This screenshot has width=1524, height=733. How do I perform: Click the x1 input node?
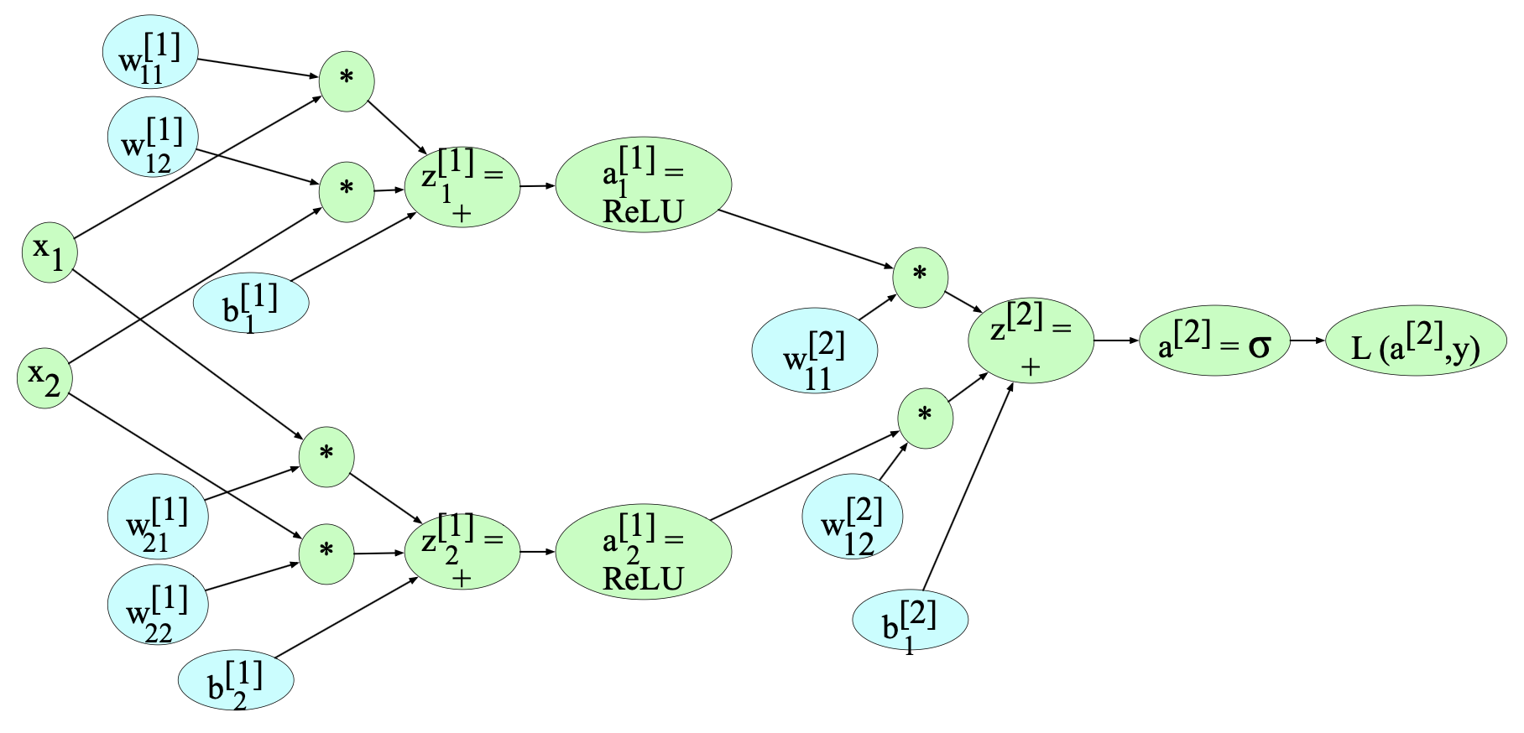[x=50, y=252]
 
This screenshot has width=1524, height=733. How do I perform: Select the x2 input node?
[x=44, y=378]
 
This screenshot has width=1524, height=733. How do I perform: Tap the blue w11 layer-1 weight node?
[x=150, y=51]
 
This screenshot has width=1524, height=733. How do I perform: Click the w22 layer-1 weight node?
[x=158, y=605]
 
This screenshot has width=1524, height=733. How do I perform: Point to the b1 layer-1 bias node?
[x=251, y=304]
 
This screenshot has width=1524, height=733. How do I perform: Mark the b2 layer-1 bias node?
[x=236, y=680]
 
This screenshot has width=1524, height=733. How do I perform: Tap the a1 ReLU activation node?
[x=644, y=185]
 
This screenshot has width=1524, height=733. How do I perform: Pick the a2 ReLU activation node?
[x=644, y=552]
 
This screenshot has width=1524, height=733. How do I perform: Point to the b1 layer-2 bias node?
[x=911, y=621]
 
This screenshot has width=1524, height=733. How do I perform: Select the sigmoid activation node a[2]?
[x=1214, y=341]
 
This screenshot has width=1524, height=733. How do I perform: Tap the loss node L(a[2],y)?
[x=1416, y=341]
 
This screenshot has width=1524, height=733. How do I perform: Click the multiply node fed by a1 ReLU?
[x=921, y=277]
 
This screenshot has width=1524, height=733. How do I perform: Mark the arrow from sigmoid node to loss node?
[x=1307, y=341]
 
